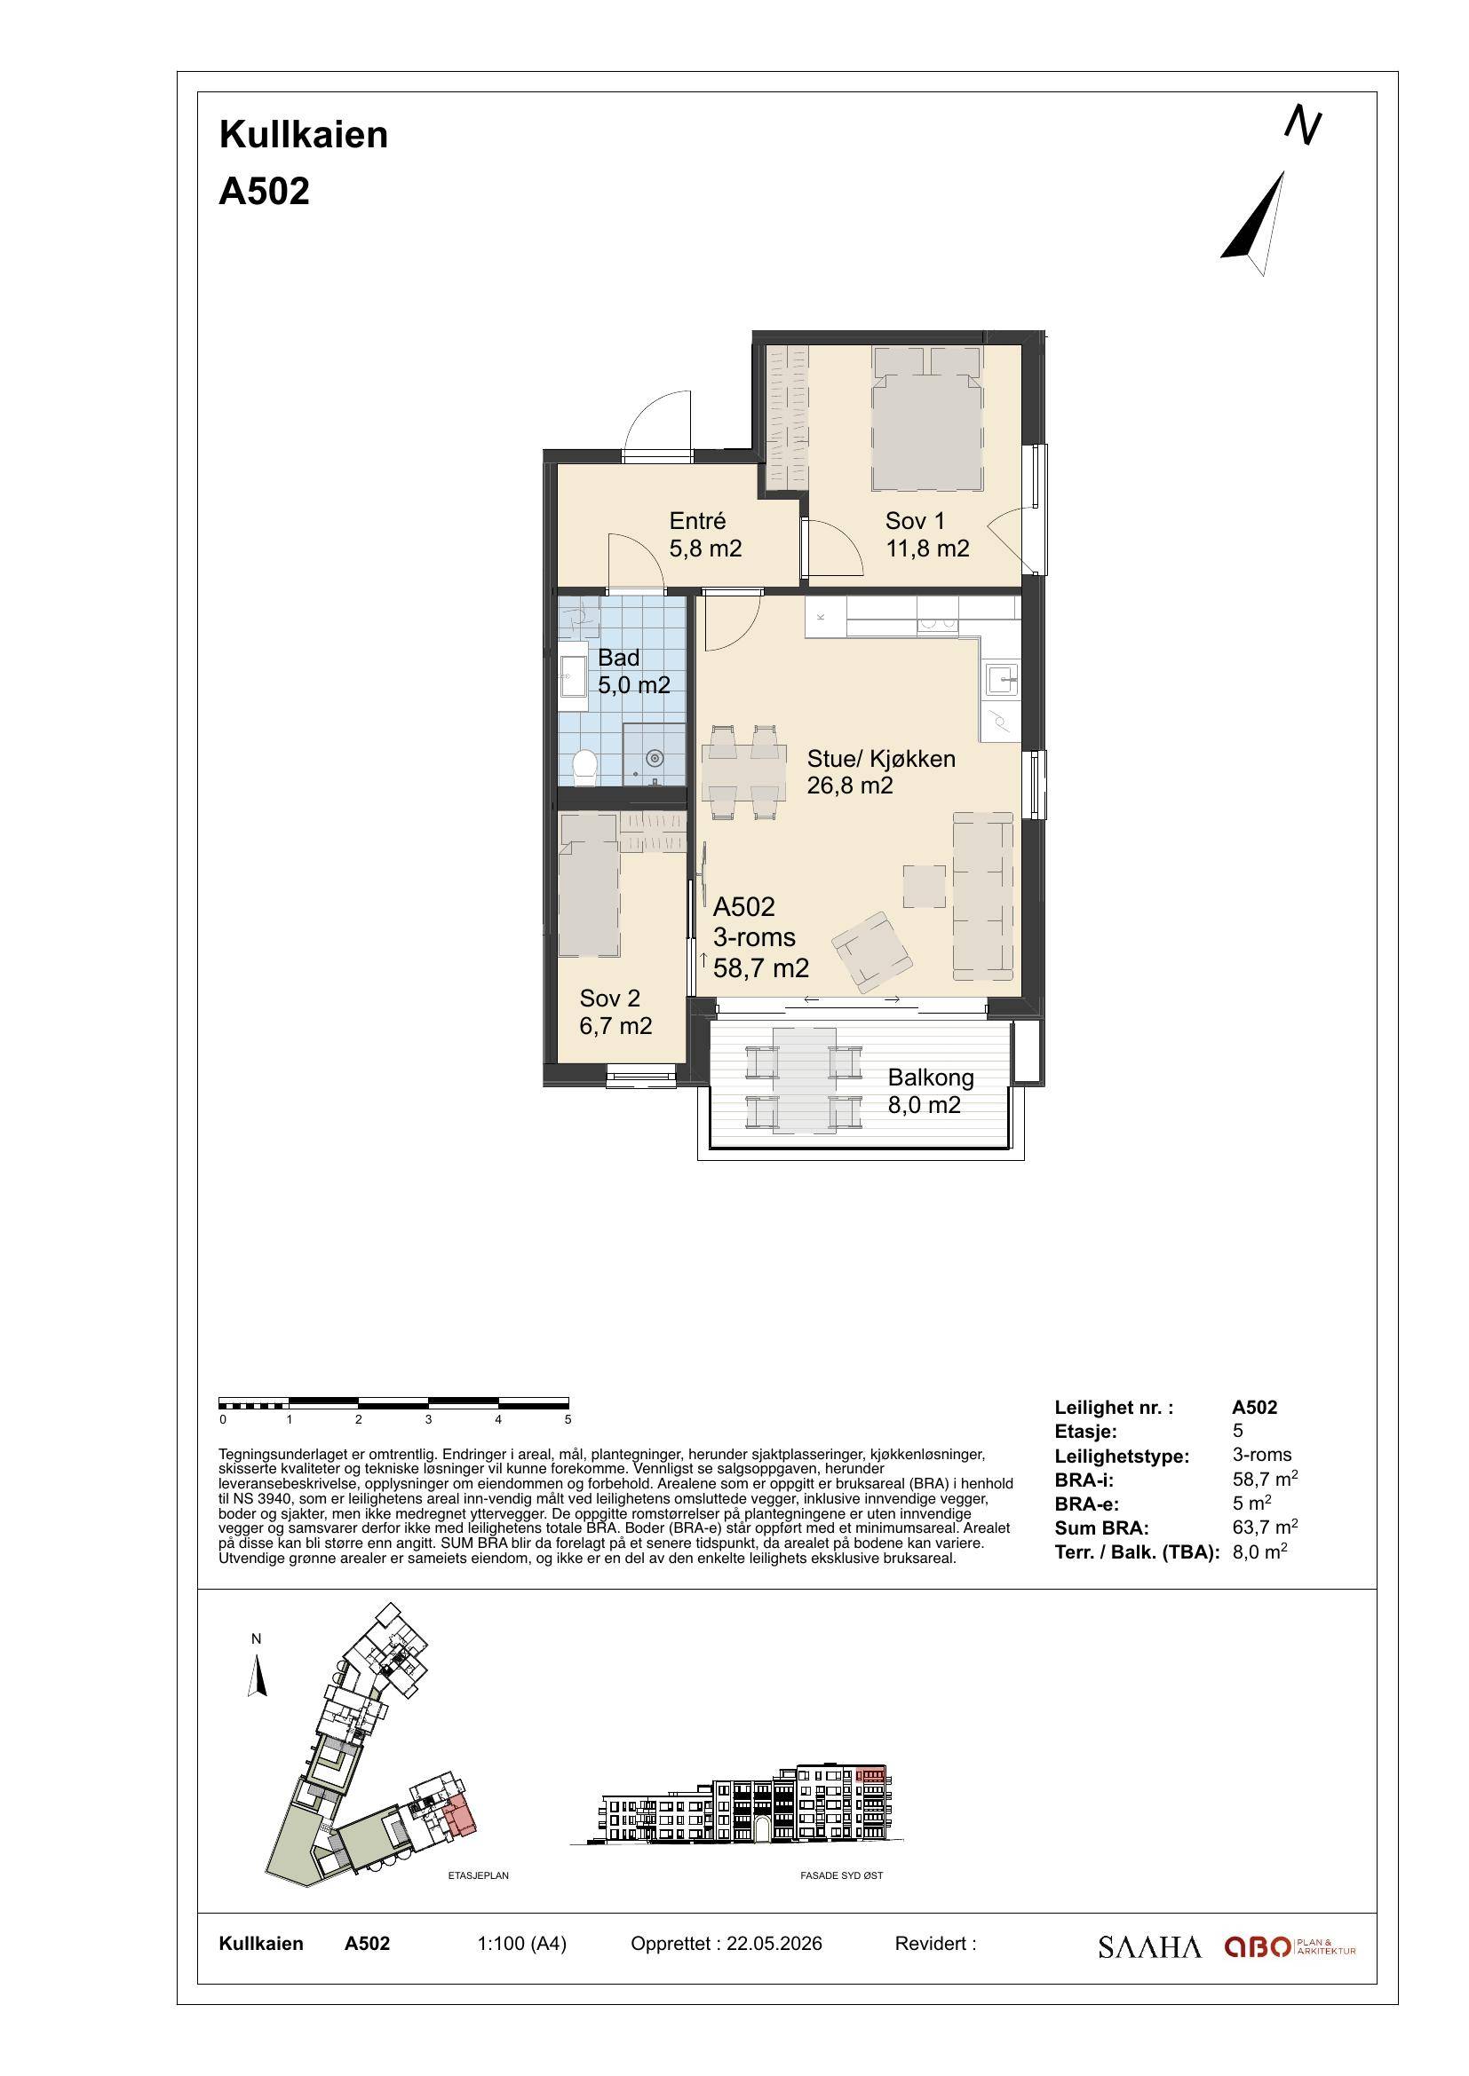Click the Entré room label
pyautogui.click(x=697, y=521)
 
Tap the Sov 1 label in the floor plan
pyautogui.click(x=915, y=521)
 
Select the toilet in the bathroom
pyautogui.click(x=585, y=767)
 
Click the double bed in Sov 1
pyautogui.click(x=926, y=419)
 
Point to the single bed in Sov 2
pyautogui.click(x=589, y=884)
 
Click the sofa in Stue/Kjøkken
pyautogui.click(x=982, y=896)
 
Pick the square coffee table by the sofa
pyautogui.click(x=925, y=886)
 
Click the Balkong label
pyautogui.click(x=931, y=1077)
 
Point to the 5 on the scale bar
pyautogui.click(x=568, y=1419)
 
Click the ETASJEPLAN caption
pyautogui.click(x=479, y=1875)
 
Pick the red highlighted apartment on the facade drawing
pyautogui.click(x=871, y=1775)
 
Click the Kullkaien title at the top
pyautogui.click(x=304, y=135)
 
